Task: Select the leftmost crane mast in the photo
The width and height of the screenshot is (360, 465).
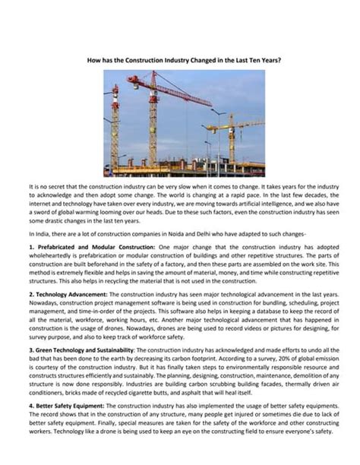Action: coord(115,129)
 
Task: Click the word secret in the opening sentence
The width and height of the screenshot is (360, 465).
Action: coord(65,185)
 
